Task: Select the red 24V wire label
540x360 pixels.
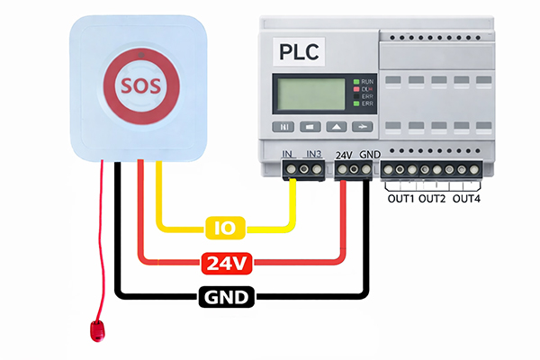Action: click(227, 263)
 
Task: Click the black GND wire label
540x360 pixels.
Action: click(228, 296)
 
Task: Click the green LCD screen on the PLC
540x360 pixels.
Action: click(310, 94)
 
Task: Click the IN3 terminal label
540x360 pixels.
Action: click(314, 155)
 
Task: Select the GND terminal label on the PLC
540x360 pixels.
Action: click(369, 155)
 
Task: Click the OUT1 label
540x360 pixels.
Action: click(400, 198)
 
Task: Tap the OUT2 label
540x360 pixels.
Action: click(433, 198)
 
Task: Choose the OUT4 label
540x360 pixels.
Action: click(466, 198)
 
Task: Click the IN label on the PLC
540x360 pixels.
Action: click(288, 155)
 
